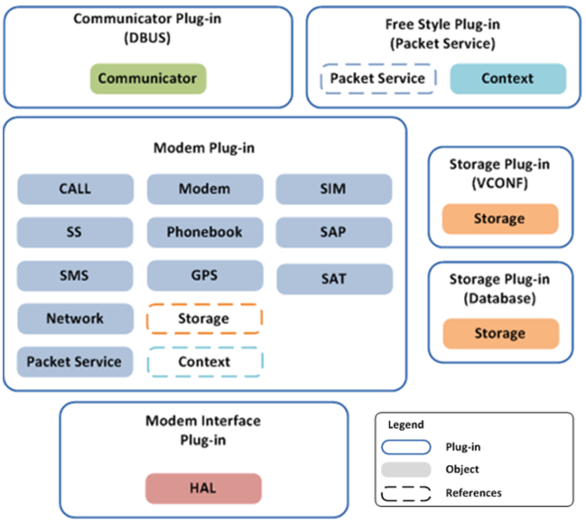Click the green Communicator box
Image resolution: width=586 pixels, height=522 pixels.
coord(147,79)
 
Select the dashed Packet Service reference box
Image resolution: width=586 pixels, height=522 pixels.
coord(377,79)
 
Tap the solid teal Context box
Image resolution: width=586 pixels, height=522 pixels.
coord(507,79)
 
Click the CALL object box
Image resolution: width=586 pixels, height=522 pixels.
coord(75,189)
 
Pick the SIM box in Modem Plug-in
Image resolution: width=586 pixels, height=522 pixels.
coord(333,189)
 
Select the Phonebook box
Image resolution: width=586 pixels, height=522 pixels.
coord(204,232)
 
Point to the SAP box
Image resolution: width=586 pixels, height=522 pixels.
coord(333,232)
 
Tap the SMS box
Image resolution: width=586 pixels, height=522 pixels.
coord(75,275)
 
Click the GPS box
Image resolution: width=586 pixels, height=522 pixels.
coord(204,275)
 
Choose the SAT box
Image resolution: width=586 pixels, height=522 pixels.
coord(333,279)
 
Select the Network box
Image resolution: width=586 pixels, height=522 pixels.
coord(75,319)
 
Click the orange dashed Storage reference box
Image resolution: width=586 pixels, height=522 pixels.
coord(204,319)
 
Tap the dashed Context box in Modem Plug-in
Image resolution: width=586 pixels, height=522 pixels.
coord(204,362)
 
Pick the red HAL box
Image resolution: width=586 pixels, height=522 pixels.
coord(203,488)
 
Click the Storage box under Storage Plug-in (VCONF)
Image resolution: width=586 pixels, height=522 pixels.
coord(499,219)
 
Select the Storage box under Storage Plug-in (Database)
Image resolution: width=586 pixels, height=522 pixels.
coord(499,333)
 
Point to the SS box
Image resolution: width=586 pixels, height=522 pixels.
coord(75,232)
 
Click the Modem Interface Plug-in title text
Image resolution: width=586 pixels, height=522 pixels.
coord(203,430)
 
